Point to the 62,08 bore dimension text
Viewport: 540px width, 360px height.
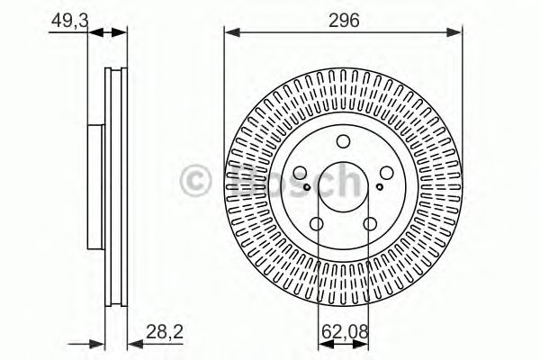pos(344,332)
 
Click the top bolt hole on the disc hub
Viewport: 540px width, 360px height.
pos(343,141)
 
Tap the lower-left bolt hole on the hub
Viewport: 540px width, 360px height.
pos(316,225)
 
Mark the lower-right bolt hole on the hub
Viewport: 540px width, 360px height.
pos(371,225)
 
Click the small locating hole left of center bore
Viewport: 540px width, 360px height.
pos(307,187)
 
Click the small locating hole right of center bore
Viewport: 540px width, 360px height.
pos(379,187)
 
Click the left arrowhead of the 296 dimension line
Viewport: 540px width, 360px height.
pos(229,34)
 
